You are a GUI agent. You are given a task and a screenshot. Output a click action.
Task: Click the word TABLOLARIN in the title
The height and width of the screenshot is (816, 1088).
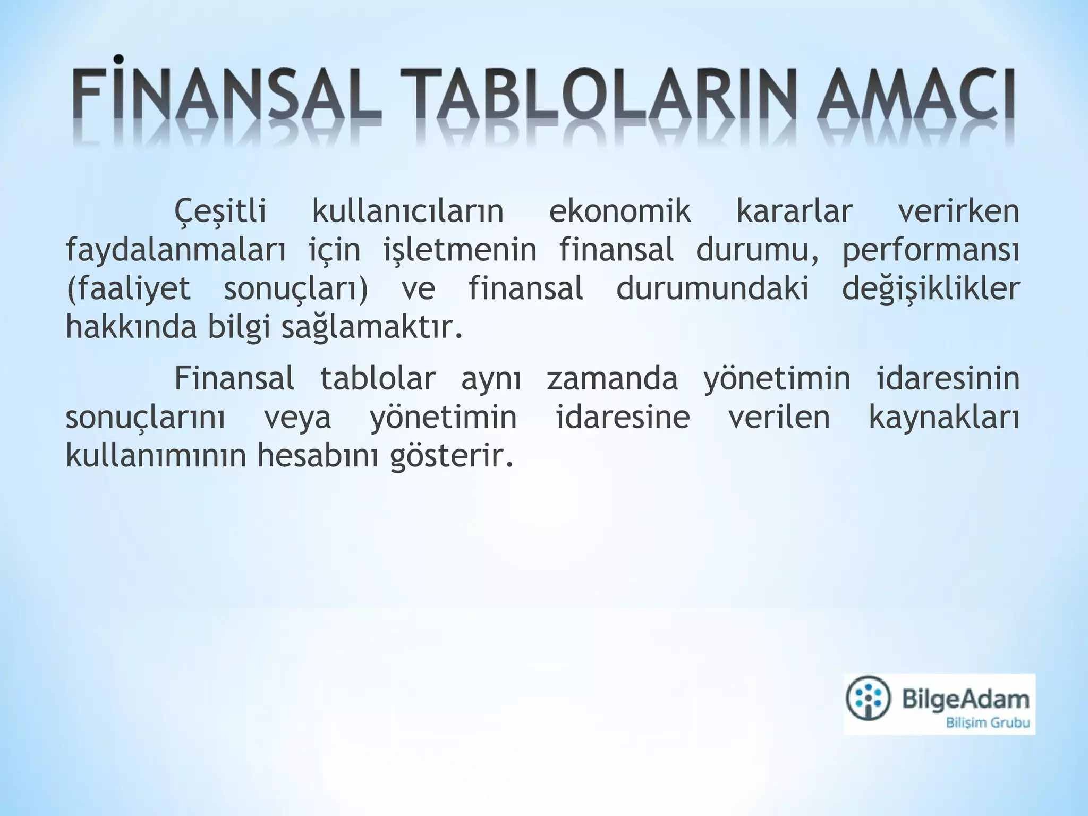click(x=598, y=100)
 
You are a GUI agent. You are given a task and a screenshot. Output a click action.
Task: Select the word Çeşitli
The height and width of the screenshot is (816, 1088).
click(x=220, y=211)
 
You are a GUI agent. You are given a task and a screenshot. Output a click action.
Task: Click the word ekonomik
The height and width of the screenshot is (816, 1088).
click(x=619, y=211)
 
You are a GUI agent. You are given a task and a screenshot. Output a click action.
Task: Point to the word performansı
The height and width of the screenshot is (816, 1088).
click(x=931, y=251)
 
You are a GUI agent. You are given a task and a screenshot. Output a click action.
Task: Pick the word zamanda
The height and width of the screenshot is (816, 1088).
click(x=612, y=379)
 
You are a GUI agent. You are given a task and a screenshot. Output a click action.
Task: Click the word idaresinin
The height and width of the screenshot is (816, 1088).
click(x=948, y=379)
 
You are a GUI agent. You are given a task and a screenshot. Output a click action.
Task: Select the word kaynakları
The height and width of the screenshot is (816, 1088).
click(x=944, y=418)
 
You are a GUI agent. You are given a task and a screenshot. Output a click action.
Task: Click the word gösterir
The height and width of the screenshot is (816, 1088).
click(x=452, y=457)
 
